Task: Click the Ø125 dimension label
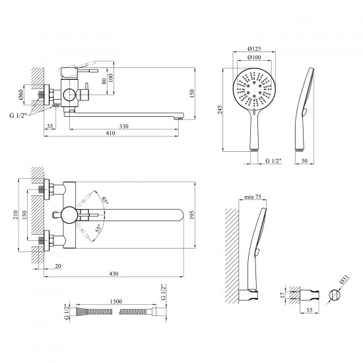[x=254, y=49]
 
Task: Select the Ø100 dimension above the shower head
[x=254, y=57]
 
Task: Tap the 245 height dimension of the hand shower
[x=220, y=110]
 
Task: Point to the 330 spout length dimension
[x=124, y=126]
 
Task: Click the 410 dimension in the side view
[x=110, y=133]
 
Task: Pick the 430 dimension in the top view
[x=114, y=274]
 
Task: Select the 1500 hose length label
[x=116, y=302]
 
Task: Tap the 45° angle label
[x=106, y=200]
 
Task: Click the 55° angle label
[x=98, y=228]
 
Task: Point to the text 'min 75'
[x=253, y=197]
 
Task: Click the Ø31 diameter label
[x=345, y=280]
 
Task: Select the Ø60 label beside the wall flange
[x=20, y=94]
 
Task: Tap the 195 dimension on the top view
[x=192, y=214]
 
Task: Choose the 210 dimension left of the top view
[x=15, y=215]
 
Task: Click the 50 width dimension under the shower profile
[x=305, y=160]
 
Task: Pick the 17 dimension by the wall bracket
[x=282, y=295]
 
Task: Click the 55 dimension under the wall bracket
[x=310, y=310]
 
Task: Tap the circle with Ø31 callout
[x=335, y=295]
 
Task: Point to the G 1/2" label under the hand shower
[x=273, y=160]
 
